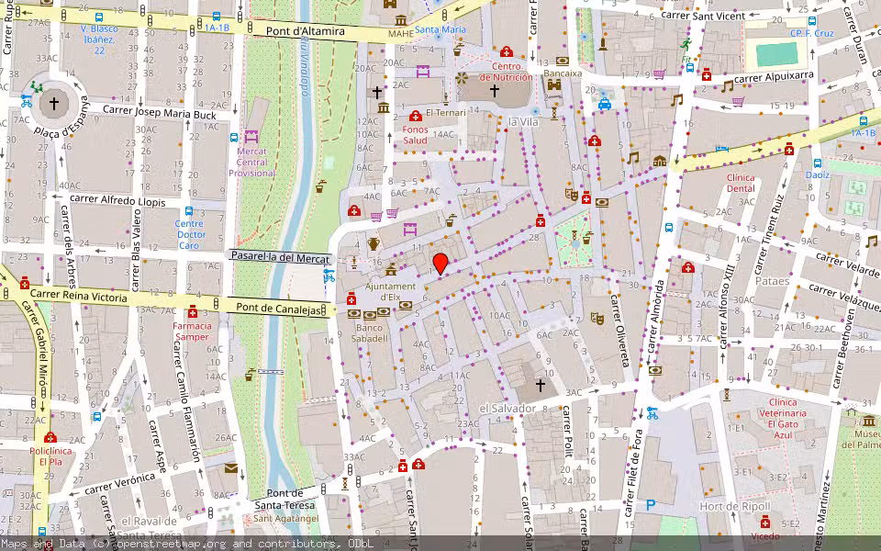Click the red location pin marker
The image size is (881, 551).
pos(440,264)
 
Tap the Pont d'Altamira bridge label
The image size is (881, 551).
pos(306,31)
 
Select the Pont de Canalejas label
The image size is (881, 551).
pos(279,309)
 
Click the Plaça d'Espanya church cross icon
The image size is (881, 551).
pos(53,104)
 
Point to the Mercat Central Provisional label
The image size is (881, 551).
pos(251,162)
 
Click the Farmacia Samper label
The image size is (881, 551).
pos(193,331)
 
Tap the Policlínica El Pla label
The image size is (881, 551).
pos(50,456)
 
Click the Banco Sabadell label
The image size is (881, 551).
pos(371,332)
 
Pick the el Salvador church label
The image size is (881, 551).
pos(507,408)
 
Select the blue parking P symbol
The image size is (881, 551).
pos(651,504)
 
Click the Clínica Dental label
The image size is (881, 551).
pos(740,183)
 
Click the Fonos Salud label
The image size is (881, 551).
pos(415,135)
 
